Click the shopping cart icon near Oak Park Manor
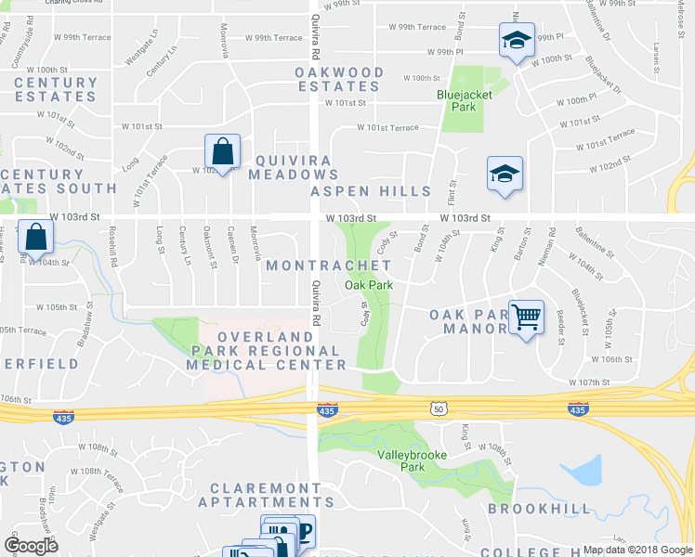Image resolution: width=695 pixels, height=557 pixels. tap(527, 317)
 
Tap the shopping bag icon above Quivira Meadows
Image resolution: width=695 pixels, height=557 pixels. tap(223, 151)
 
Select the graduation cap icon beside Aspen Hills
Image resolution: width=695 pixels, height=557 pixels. tap(505, 174)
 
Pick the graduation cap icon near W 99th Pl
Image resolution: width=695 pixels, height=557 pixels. tap(516, 40)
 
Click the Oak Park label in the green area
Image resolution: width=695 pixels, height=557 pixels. tap(368, 285)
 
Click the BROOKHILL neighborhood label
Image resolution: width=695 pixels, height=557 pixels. tap(539, 509)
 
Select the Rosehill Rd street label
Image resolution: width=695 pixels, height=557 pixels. tap(113, 248)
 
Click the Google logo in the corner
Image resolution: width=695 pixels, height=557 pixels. tap(31, 546)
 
